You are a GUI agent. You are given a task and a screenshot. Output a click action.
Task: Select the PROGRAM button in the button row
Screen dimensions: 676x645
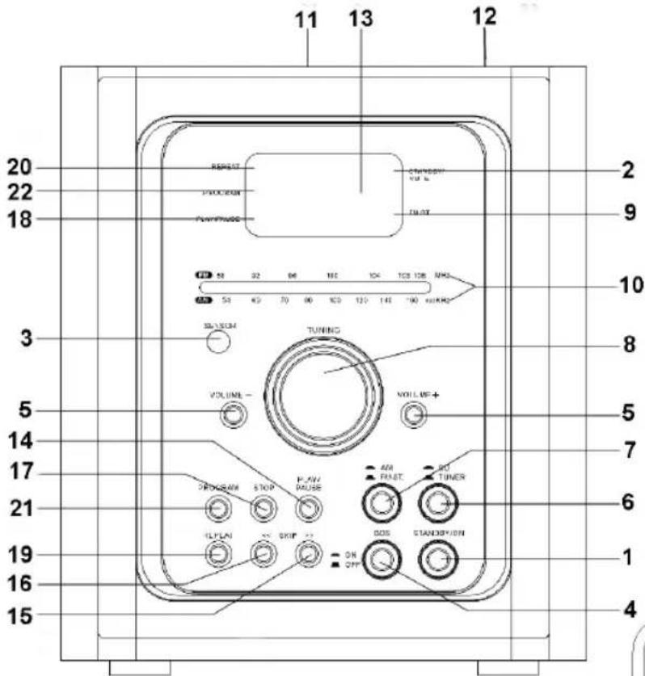tap(215, 508)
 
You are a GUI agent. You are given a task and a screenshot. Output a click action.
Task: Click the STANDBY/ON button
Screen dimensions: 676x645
tap(436, 557)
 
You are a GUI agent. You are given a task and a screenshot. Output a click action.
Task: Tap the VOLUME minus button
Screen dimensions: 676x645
tap(233, 415)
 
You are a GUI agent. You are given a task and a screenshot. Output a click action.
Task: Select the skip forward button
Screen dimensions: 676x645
tap(305, 554)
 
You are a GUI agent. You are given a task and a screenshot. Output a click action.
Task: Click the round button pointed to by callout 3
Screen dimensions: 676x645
tap(215, 342)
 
